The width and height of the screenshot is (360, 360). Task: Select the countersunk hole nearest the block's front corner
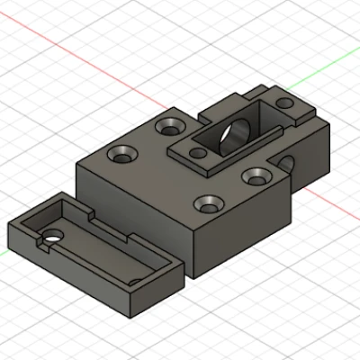pyautogui.click(x=209, y=204)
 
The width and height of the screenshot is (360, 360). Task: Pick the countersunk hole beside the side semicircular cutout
pyautogui.click(x=256, y=174)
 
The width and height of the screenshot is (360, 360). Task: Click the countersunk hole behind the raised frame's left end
pyautogui.click(x=168, y=125)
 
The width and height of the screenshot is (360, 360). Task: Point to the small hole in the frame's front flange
pyautogui.click(x=198, y=154)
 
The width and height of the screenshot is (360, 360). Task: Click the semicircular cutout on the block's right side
pyautogui.click(x=290, y=163)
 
